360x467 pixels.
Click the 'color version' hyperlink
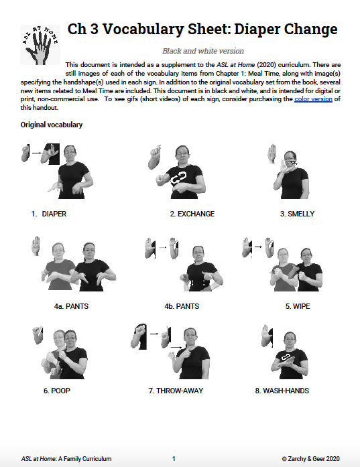(313, 99)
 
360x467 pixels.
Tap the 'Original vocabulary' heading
(52, 125)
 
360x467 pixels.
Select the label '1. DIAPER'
(48, 214)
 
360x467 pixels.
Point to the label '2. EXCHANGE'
(192, 214)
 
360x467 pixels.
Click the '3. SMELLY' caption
(297, 214)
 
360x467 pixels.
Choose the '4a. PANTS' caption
(72, 307)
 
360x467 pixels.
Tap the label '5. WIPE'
(297, 307)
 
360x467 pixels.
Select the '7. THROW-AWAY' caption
(176, 390)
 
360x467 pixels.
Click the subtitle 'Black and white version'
(203, 51)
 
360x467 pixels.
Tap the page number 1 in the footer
(174, 459)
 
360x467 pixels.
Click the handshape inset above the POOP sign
(37, 335)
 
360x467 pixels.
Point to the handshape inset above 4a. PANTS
(38, 245)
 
